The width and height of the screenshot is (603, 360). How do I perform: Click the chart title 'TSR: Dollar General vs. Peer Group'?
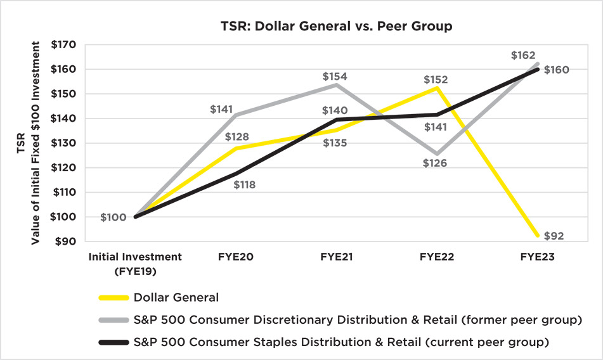[336, 27]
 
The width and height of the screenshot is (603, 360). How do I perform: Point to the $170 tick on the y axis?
[63, 45]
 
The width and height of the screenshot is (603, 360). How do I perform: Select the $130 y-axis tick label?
[63, 143]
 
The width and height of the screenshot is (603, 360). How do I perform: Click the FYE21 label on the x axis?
[337, 257]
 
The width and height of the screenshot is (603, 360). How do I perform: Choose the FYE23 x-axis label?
[538, 257]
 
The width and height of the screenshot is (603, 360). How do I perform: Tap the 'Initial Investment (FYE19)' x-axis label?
[135, 263]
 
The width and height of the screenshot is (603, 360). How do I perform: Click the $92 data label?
[554, 236]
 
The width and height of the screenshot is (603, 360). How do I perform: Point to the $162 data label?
[524, 56]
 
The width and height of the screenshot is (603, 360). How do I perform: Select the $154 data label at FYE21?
[335, 77]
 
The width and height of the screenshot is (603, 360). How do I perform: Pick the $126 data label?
[435, 163]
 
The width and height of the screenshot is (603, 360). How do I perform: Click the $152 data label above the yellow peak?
[436, 80]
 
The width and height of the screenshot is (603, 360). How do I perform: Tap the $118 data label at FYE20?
[244, 185]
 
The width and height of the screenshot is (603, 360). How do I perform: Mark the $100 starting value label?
[113, 217]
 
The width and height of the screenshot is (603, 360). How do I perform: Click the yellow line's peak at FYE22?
[437, 88]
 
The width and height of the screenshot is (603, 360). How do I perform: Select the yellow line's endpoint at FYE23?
[538, 236]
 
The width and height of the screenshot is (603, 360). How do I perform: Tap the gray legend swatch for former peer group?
[113, 320]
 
